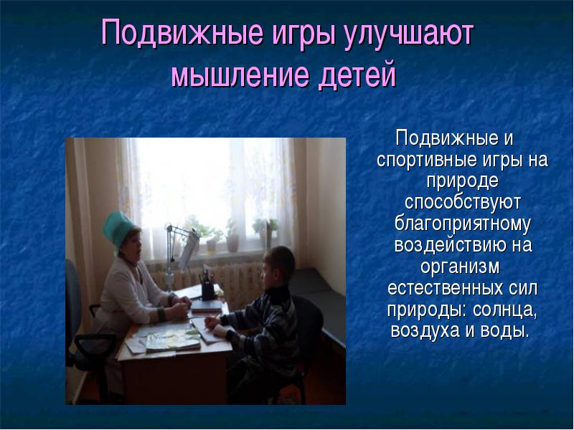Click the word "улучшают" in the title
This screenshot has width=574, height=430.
click(409, 34)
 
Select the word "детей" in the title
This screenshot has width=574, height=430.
click(357, 76)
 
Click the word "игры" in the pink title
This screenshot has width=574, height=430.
click(303, 34)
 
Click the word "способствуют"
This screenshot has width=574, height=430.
click(462, 203)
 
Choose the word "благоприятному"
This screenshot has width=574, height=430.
click(462, 224)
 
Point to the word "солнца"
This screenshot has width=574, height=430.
click(504, 310)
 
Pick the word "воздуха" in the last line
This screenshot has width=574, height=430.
click(425, 331)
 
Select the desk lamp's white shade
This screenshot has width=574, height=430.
click(189, 248)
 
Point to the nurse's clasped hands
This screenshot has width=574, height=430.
click(181, 307)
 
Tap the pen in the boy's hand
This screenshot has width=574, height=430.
click(214, 317)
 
